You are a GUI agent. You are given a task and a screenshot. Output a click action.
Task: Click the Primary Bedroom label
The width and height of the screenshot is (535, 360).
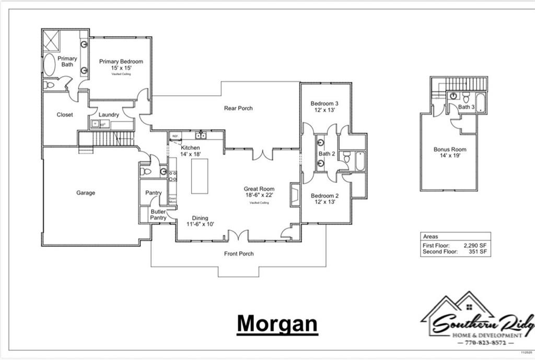121,61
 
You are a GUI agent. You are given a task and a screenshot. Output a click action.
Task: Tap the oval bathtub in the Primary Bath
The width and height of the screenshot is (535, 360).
49,65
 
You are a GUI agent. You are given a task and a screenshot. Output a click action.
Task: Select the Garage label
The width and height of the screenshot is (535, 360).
86,193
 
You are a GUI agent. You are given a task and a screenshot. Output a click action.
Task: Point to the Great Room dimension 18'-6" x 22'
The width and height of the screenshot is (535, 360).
259,195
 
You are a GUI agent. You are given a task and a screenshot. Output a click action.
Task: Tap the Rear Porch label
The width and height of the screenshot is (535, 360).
238,108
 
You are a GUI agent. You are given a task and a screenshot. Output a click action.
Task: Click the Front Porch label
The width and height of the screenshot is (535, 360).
239,253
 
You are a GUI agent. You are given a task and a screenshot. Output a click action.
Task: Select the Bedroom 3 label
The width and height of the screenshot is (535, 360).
324,103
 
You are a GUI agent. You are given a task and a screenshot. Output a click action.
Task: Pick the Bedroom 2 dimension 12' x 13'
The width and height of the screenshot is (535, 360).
324,202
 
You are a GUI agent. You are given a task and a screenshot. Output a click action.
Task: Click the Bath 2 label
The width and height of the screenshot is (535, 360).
327,154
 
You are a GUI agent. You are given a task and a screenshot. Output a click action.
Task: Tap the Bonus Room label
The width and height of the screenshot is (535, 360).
450,149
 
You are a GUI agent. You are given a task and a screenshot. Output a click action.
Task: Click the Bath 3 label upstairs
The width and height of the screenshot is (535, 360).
466,107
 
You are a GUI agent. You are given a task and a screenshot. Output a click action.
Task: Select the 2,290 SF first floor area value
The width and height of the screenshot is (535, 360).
475,245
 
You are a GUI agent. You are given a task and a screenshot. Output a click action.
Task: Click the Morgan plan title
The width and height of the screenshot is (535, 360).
277,323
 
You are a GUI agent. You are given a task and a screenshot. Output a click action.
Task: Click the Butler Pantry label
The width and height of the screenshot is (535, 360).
158,214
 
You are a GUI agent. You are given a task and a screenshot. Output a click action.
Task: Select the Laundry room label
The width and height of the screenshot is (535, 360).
109,114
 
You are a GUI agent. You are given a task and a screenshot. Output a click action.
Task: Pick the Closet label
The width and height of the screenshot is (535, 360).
65,114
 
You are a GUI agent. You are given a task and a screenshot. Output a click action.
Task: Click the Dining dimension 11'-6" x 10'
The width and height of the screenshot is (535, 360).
200,224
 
